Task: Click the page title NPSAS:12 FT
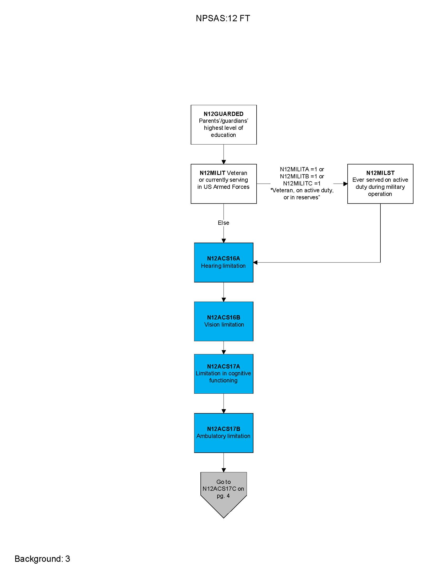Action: pyautogui.click(x=223, y=18)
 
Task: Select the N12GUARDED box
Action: pyautogui.click(x=224, y=125)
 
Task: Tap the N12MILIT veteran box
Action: pyautogui.click(x=224, y=184)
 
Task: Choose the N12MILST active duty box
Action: pyautogui.click(x=380, y=184)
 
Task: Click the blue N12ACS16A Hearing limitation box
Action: pyautogui.click(x=224, y=262)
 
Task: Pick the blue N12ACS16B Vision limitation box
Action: pyautogui.click(x=224, y=321)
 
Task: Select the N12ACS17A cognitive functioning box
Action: pyautogui.click(x=224, y=373)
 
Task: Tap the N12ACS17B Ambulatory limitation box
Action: pyautogui.click(x=224, y=433)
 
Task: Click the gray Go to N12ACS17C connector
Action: pyautogui.click(x=224, y=491)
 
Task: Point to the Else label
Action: pyautogui.click(x=224, y=223)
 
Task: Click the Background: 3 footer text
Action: pyautogui.click(x=42, y=559)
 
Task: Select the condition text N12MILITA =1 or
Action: pyautogui.click(x=302, y=169)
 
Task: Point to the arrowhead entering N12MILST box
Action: pyautogui.click(x=345, y=184)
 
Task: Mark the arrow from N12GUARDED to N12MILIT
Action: pyautogui.click(x=224, y=154)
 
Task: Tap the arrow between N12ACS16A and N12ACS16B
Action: pyautogui.click(x=224, y=292)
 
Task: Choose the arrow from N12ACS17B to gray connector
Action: pyautogui.click(x=224, y=462)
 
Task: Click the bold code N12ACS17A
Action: pyautogui.click(x=224, y=366)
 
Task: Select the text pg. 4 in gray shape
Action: pyautogui.click(x=223, y=496)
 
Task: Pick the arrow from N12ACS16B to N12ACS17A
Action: pyautogui.click(x=224, y=348)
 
